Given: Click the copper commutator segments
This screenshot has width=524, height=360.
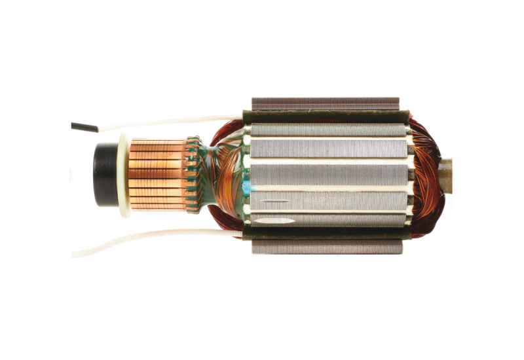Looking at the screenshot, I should pos(157,173).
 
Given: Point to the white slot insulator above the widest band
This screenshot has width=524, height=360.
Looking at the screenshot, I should pos(327,160).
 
